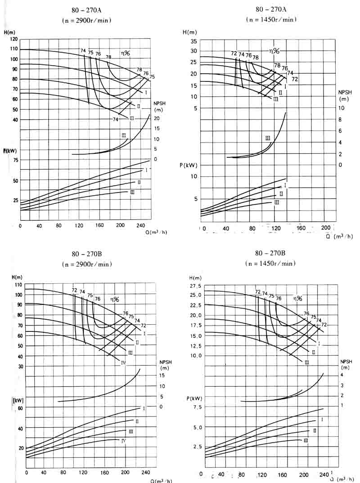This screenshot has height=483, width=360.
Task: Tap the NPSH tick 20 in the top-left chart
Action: point(157,118)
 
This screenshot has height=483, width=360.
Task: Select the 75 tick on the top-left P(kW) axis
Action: point(16,160)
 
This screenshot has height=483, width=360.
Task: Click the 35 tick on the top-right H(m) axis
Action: point(193,41)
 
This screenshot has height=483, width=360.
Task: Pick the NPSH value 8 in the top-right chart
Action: point(341,120)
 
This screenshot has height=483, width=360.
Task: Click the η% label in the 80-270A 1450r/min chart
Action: point(275,52)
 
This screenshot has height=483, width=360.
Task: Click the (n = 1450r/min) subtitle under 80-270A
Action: point(271,19)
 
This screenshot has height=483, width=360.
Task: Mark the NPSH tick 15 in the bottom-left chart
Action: point(162,376)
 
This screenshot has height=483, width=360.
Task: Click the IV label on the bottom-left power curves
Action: point(123,441)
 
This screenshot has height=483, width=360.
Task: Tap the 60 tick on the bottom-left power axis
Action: point(20,408)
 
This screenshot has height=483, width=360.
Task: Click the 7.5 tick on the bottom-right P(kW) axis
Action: point(197,407)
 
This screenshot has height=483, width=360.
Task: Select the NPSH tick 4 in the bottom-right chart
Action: point(342,375)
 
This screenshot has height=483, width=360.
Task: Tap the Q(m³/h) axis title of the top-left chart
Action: point(156,233)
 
